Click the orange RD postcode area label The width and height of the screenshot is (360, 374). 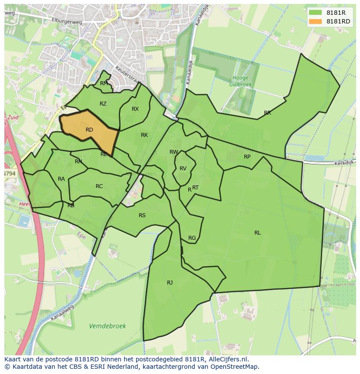pos(89,130)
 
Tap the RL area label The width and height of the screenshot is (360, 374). pos(257,233)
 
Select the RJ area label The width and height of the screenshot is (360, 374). pos(170,283)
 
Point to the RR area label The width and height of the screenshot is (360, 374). pos(267,113)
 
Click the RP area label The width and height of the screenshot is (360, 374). pos(247,157)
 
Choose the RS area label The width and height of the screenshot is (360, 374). pos(142,215)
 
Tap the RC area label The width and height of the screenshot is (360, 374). pos(99,186)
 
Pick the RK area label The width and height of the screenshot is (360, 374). pos(144,135)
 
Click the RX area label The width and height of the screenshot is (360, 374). pos(135,109)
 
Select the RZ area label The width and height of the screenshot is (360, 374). pos(103,104)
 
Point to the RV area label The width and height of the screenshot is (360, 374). pos(183,169)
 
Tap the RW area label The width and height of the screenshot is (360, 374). pos(174,152)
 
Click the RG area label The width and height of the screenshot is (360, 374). pos(192,238)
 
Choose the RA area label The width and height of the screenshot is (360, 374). pos(61,179)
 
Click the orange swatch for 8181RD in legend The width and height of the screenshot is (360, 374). pos(315,21)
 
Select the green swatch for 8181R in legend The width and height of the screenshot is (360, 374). pos(315,13)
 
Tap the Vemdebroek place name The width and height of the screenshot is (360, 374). pos(107,326)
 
